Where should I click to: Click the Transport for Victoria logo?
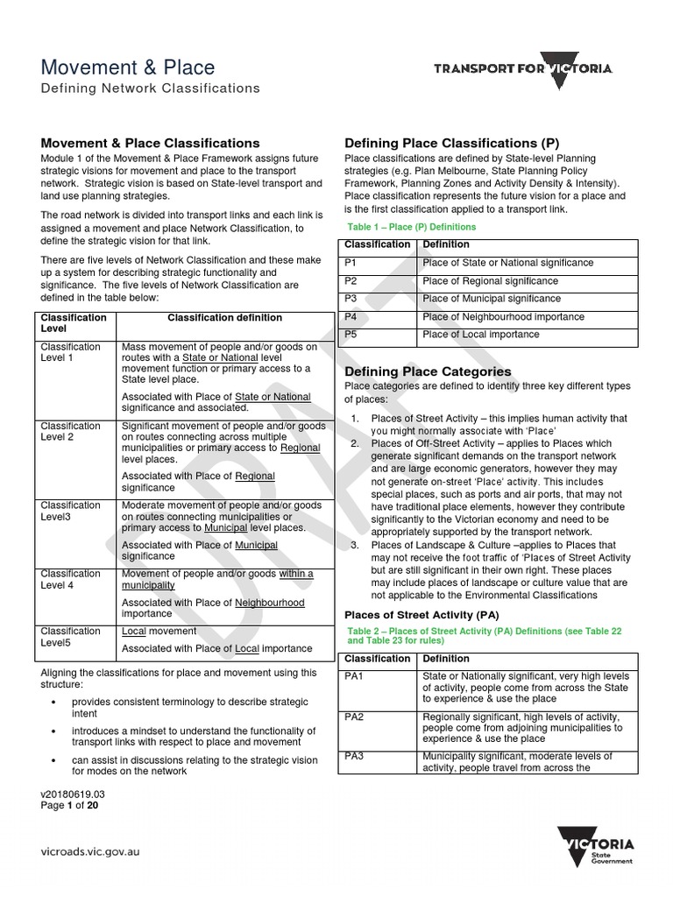pos(523,69)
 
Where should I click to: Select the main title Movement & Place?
pos(128,67)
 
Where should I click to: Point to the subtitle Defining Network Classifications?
pos(151,88)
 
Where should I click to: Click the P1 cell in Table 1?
pos(351,263)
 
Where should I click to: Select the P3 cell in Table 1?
pos(351,299)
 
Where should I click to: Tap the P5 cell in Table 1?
pos(351,335)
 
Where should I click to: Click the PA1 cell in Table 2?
pos(355,677)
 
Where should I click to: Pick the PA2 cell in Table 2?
pos(355,717)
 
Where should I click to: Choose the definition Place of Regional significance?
pos(490,281)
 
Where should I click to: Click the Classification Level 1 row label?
pos(71,352)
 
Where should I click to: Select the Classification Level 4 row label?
pos(71,580)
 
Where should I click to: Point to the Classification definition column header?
pos(225,317)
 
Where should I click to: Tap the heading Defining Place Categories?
pos(428,371)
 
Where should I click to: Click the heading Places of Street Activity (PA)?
pos(422,614)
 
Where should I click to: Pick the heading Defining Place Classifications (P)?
pos(451,143)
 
